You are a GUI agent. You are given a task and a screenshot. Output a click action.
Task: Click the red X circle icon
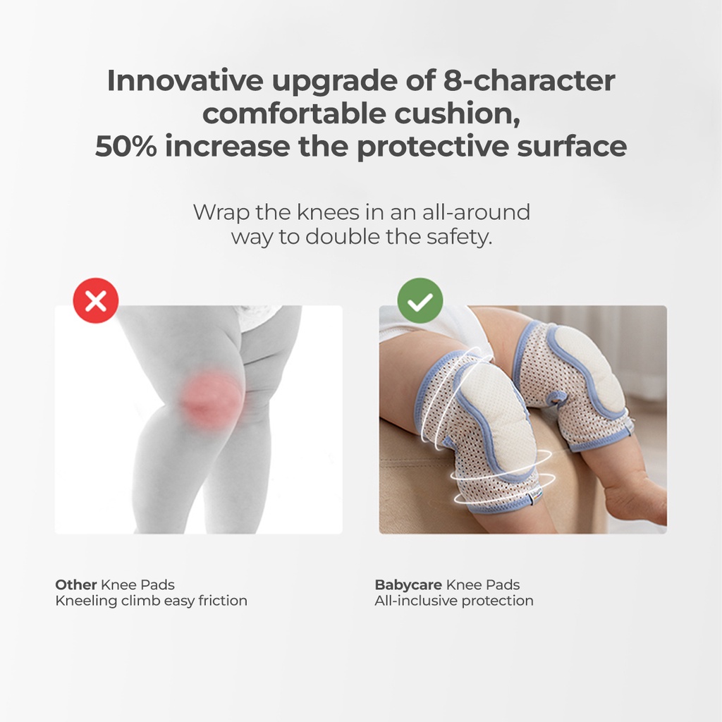pos(96,300)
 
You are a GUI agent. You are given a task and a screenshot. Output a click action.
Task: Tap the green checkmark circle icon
pos(420,300)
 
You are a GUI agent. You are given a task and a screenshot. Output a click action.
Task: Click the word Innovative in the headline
pos(185,80)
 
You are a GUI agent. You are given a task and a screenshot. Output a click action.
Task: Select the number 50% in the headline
pos(126,146)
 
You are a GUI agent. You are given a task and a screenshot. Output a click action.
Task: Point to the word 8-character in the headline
pos(529,80)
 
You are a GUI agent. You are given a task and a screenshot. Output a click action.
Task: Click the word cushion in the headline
pos(457,114)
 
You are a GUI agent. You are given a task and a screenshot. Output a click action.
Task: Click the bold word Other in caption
pos(76,585)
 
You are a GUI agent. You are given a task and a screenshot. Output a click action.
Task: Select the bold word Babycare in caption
pos(408,585)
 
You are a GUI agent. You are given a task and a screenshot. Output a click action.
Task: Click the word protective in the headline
pos(432,146)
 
